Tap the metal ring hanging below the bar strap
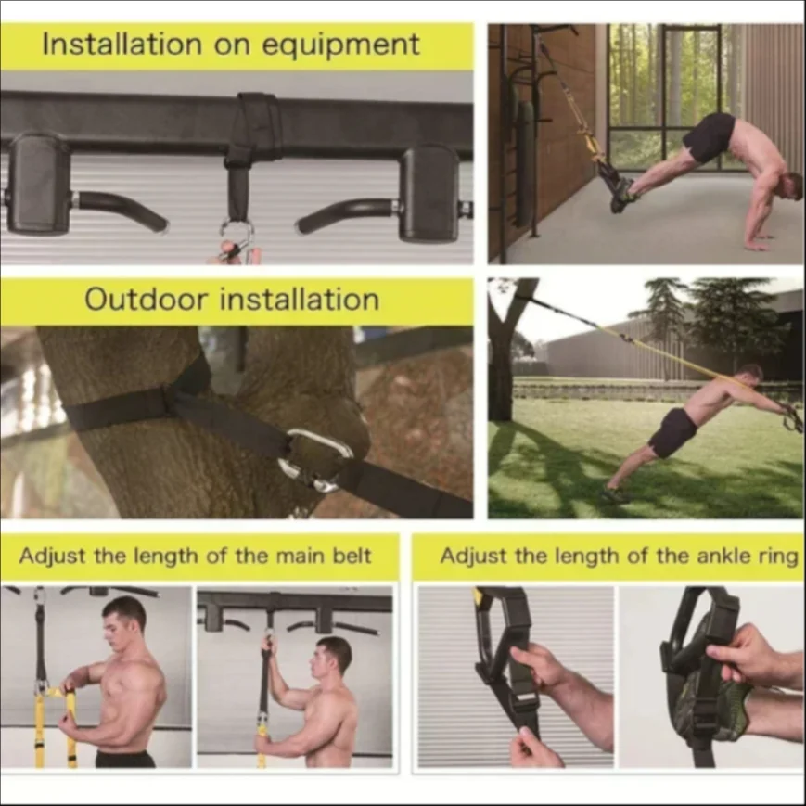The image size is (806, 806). (236, 233)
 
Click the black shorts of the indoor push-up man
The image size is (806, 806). (709, 136)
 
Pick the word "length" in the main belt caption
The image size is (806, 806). (145, 556)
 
